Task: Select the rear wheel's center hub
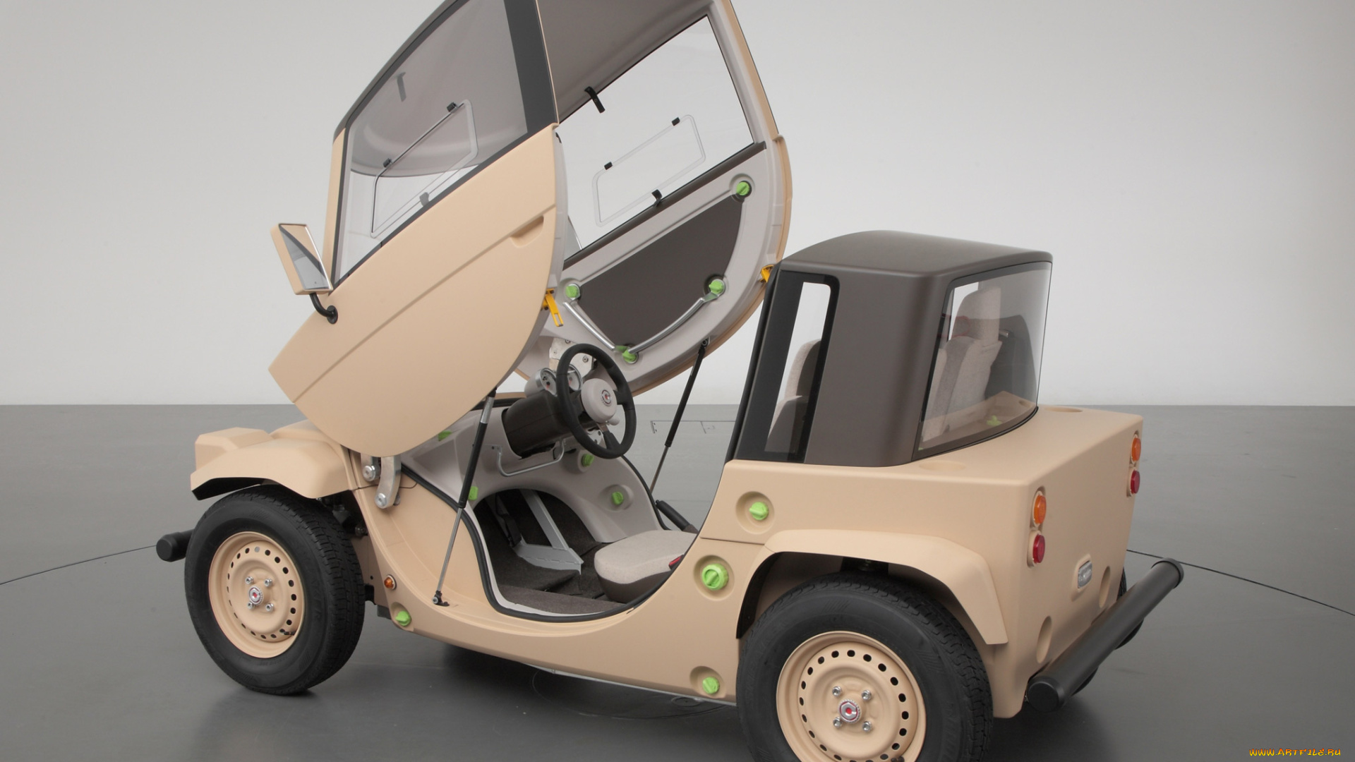coord(849,710)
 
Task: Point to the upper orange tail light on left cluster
coord(1038,508)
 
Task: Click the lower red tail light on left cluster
coord(1037,548)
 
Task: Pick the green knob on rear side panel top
coord(757,509)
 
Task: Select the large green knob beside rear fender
coord(713,576)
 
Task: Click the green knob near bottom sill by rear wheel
coord(709,684)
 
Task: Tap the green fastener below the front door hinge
coord(403,618)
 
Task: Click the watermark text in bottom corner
coord(1294,753)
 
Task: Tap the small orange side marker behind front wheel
coord(388,583)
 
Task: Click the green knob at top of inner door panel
coord(742,188)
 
